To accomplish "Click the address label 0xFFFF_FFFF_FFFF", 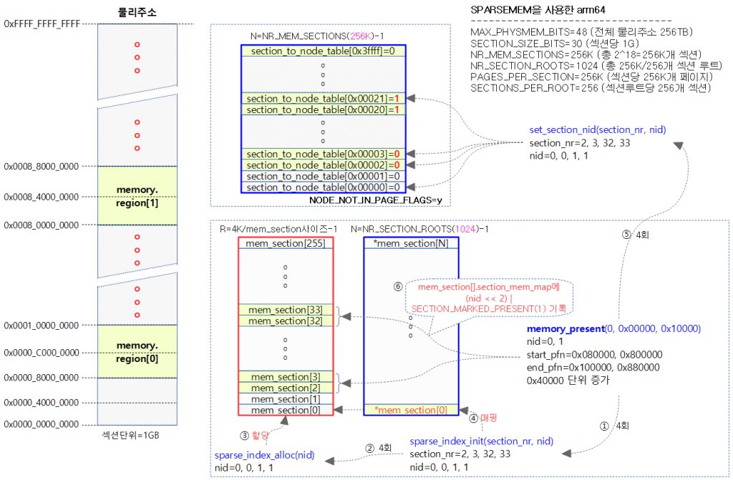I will [42, 24].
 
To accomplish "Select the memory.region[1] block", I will [137, 195].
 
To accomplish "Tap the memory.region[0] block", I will [137, 351].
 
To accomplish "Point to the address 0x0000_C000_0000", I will [42, 352].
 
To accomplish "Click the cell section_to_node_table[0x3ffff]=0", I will [322, 51].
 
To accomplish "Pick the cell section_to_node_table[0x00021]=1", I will [322, 97].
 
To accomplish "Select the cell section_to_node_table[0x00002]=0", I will [322, 165].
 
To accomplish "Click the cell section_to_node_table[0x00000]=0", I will [322, 187].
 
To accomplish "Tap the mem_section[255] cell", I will [285, 243].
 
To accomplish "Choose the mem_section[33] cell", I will [285, 310].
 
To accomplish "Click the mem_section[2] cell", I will [285, 387].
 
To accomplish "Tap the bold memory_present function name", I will [565, 328].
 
